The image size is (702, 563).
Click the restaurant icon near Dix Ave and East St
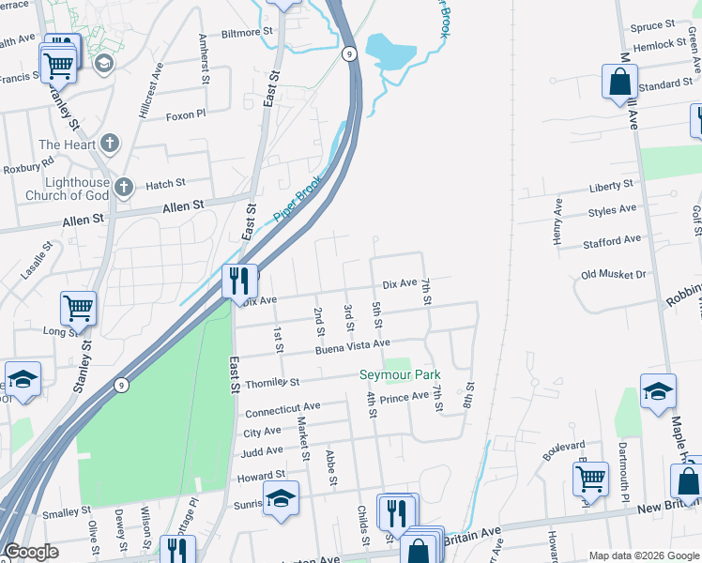click(x=239, y=281)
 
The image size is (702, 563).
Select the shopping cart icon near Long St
click(x=79, y=307)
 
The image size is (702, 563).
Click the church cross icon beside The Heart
click(x=111, y=145)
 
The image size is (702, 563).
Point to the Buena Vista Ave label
click(x=352, y=345)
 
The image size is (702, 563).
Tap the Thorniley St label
click(x=271, y=383)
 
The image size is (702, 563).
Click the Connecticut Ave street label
click(x=282, y=410)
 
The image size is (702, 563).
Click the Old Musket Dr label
click(x=614, y=275)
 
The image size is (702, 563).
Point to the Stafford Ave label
click(x=611, y=241)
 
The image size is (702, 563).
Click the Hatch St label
click(x=165, y=185)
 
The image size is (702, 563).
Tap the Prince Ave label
click(x=404, y=398)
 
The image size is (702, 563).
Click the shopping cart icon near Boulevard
click(x=590, y=478)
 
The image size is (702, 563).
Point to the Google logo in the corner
click(x=31, y=552)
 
